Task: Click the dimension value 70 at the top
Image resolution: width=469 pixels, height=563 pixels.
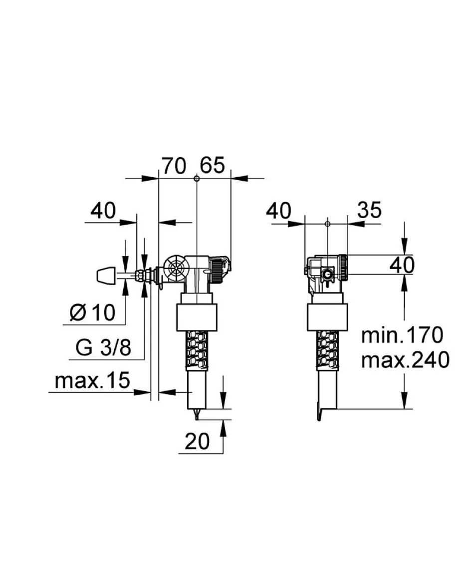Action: point(173,165)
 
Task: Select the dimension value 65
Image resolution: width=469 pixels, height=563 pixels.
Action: point(213,165)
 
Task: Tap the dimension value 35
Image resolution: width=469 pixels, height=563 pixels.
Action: point(369,210)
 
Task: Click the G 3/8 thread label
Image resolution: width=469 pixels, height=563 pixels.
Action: point(104,347)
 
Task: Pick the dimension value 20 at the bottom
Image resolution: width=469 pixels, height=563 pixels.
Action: point(198,441)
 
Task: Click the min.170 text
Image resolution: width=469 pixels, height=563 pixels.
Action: point(402,335)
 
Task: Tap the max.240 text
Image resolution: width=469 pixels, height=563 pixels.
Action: point(404,359)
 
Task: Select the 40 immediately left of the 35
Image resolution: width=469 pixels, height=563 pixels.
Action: point(278,211)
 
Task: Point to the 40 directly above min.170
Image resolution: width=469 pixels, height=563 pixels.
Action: point(402,265)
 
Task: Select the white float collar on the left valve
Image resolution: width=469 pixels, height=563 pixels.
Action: point(197,316)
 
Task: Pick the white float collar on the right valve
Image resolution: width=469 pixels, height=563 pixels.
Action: point(327,316)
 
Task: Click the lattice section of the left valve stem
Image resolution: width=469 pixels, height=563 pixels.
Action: point(198,350)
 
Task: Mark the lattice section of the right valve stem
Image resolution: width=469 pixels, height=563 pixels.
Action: point(327,350)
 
